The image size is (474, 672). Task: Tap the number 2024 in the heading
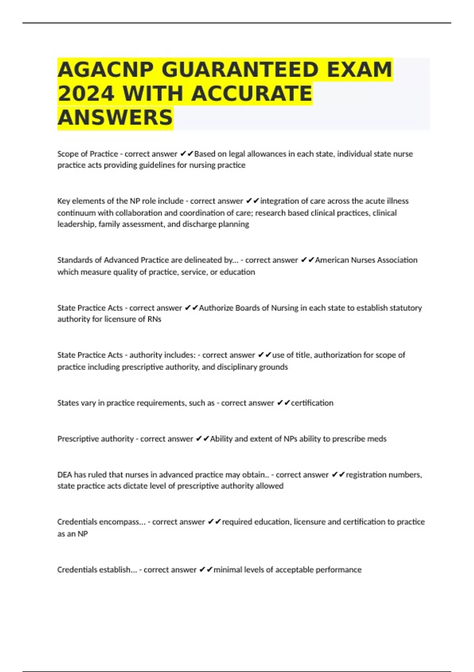click(86, 94)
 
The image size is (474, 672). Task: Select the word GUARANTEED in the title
click(240, 70)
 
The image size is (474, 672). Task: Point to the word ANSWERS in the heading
click(115, 117)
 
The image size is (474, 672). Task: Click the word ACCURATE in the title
click(252, 94)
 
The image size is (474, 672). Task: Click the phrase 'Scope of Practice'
click(88, 154)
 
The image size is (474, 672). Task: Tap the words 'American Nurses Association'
click(366, 260)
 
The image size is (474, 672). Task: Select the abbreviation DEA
click(64, 474)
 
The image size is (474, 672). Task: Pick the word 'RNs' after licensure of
click(154, 319)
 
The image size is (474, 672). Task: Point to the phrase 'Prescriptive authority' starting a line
click(96, 439)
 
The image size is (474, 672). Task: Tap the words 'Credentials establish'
click(97, 570)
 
